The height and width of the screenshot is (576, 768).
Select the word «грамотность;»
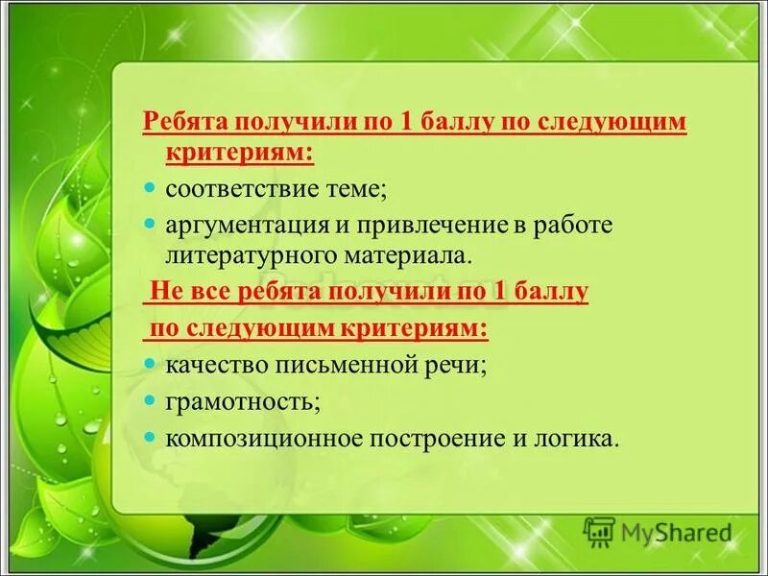[243, 401]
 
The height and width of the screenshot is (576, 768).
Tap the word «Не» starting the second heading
[163, 293]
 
